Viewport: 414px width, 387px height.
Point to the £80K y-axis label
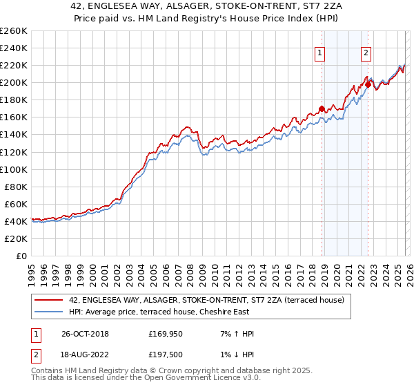click(15, 187)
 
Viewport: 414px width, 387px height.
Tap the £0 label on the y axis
click(22, 256)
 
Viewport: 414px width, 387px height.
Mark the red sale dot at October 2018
click(322, 108)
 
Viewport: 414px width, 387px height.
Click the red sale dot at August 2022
click(368, 84)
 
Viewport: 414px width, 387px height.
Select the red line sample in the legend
click(49, 300)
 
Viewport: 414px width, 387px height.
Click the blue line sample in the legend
click(49, 312)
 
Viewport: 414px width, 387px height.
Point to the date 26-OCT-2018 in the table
click(85, 334)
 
